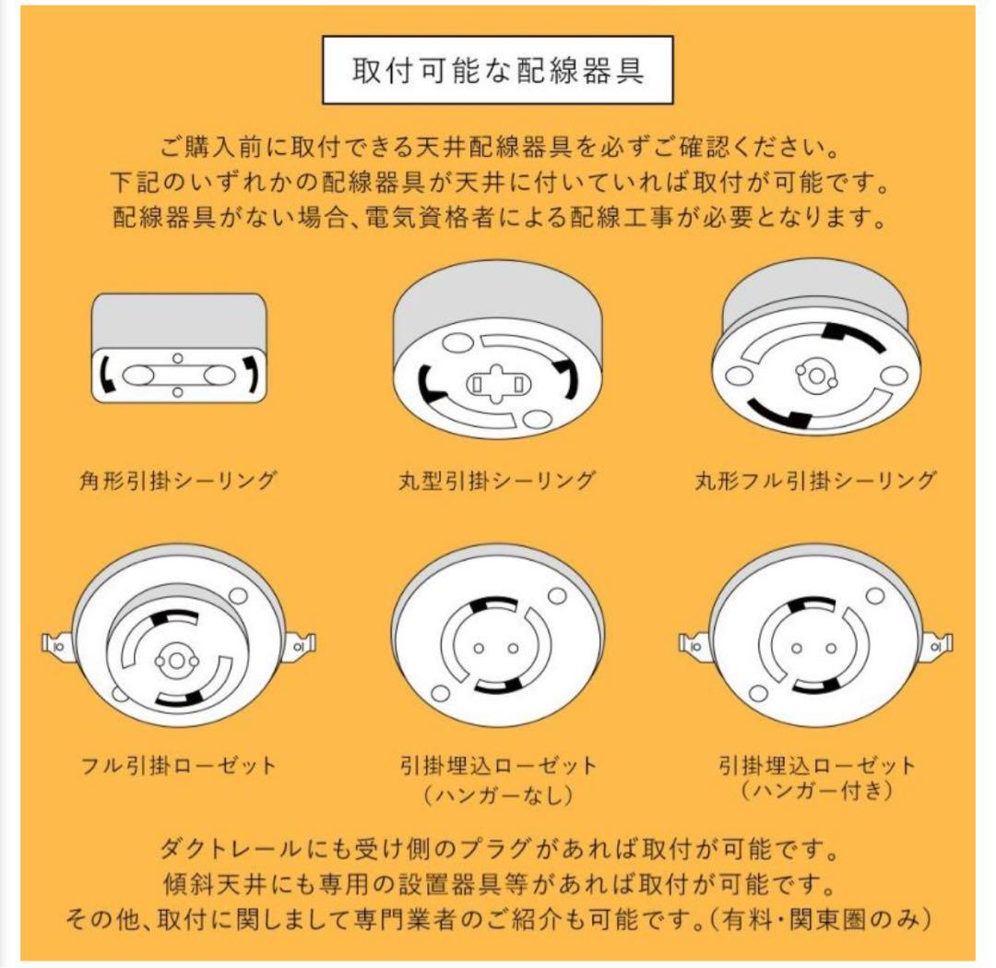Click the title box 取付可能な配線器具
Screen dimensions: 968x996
coord(497,71)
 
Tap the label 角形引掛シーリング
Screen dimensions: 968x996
coord(178,480)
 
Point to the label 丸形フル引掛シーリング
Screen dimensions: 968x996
coord(815,480)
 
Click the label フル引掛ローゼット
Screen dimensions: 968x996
coord(178,765)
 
